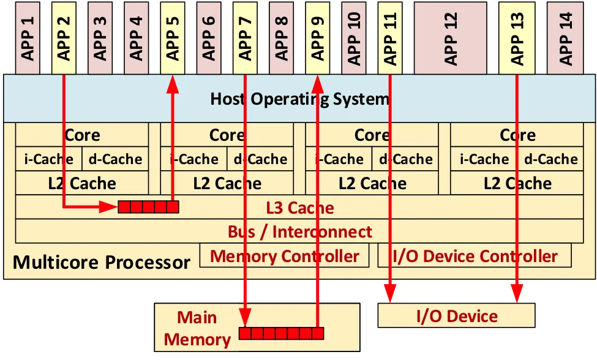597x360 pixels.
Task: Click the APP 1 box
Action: click(x=28, y=37)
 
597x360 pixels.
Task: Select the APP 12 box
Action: click(x=451, y=37)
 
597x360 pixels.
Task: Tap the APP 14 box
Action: click(x=566, y=37)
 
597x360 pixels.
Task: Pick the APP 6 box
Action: click(x=209, y=37)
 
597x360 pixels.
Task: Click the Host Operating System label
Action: click(x=299, y=99)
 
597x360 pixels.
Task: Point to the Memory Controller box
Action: click(x=285, y=256)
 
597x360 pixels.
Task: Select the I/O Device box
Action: click(x=457, y=316)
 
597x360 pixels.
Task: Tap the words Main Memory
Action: click(x=197, y=328)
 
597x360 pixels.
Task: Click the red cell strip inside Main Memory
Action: click(x=281, y=333)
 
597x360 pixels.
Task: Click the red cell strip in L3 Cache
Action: click(x=148, y=208)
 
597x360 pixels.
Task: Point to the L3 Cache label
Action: click(x=299, y=208)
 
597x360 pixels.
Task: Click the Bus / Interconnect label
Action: click(x=299, y=232)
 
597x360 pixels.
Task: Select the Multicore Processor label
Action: click(x=102, y=263)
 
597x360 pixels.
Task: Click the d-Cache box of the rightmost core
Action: click(x=550, y=159)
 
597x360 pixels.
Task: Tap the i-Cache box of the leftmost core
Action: click(x=48, y=159)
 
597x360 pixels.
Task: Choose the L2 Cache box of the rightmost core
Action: click(x=517, y=183)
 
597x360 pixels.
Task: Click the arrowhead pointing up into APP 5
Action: click(x=173, y=85)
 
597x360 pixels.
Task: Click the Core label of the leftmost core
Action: click(x=82, y=135)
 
